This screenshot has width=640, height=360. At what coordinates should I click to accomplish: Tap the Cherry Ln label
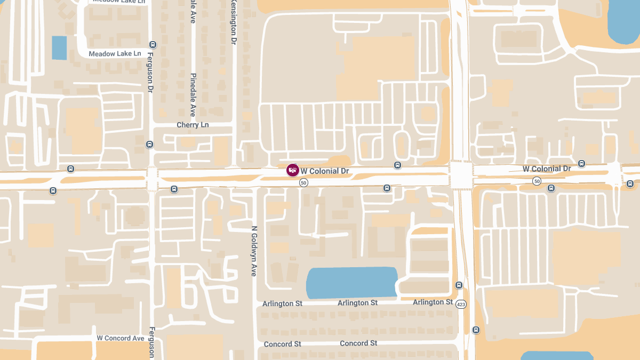pyautogui.click(x=193, y=125)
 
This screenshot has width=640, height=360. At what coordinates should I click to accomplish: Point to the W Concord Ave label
pyautogui.click(x=121, y=338)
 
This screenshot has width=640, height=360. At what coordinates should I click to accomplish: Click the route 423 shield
pyautogui.click(x=461, y=304)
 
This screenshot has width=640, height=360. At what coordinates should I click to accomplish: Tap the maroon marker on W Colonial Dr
pyautogui.click(x=292, y=170)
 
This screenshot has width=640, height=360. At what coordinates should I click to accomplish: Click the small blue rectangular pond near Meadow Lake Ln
pyautogui.click(x=59, y=47)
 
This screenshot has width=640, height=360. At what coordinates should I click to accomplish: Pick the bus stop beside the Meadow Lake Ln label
pyautogui.click(x=153, y=45)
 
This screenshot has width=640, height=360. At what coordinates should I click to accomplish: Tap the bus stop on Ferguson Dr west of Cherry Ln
pyautogui.click(x=149, y=144)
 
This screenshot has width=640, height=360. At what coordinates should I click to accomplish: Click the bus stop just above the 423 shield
pyautogui.click(x=459, y=285)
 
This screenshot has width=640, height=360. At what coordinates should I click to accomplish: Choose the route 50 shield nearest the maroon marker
pyautogui.click(x=303, y=183)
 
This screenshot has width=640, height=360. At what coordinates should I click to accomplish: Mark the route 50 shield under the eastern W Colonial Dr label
pyautogui.click(x=537, y=182)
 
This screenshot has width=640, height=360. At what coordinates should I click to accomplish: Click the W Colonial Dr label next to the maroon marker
pyautogui.click(x=325, y=171)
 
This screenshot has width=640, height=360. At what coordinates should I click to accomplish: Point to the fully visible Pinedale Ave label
pyautogui.click(x=193, y=95)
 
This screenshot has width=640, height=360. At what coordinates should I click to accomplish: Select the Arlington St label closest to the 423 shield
pyautogui.click(x=433, y=302)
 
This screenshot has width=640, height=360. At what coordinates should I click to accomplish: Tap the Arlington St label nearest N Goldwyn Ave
pyautogui.click(x=282, y=303)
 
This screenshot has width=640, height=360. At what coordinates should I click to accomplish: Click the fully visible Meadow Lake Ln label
pyautogui.click(x=115, y=54)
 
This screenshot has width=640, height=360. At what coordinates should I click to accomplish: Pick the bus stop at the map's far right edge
pyautogui.click(x=630, y=184)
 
